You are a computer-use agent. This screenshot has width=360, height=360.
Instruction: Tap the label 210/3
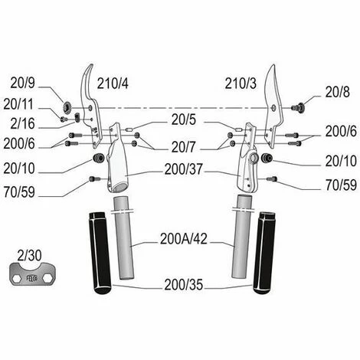[x=241, y=83]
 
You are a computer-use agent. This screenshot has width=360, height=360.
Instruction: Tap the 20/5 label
[x=184, y=120]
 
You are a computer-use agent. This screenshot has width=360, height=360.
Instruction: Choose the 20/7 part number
[x=184, y=145]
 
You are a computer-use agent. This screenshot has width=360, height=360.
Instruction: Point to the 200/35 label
[x=183, y=286]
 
